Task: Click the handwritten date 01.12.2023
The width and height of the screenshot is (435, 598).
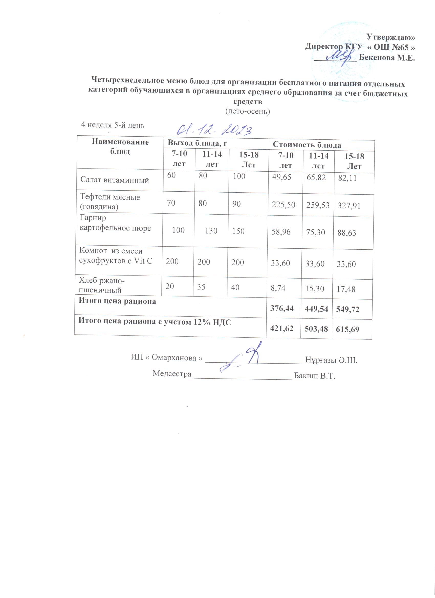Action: (x=214, y=130)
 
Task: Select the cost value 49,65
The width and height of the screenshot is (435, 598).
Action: (x=281, y=177)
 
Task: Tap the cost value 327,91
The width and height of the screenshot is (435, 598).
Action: (x=349, y=206)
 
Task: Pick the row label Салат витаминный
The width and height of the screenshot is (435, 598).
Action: (x=114, y=180)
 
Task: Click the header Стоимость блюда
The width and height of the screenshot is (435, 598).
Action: (x=307, y=145)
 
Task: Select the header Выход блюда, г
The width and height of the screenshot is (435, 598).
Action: (x=198, y=143)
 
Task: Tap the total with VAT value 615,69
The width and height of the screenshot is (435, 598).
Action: (x=347, y=329)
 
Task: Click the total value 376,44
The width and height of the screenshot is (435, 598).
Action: (x=282, y=308)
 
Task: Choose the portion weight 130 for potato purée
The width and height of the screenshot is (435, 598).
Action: (x=211, y=231)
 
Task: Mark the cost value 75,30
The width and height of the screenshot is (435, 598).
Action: (x=315, y=232)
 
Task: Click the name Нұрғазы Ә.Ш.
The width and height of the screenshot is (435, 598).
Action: (x=331, y=360)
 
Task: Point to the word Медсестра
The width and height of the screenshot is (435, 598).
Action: (x=172, y=374)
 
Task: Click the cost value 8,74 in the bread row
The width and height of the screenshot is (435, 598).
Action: (x=278, y=288)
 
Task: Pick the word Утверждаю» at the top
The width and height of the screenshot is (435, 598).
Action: (x=391, y=37)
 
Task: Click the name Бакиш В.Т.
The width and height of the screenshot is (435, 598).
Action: (x=314, y=376)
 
